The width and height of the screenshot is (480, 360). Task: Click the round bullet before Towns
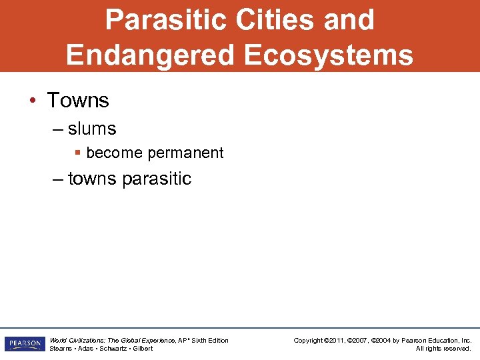tap(32, 101)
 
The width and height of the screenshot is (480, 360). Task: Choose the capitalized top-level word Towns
tap(78, 101)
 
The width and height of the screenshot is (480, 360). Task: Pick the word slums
tap(92, 129)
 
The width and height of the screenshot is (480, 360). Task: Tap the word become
tap(115, 153)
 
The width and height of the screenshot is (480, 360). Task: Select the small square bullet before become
tap(78, 153)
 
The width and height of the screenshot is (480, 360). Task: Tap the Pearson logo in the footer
tap(24, 344)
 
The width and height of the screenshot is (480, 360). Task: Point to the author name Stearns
tap(61, 349)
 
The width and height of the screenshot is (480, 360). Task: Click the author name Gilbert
tap(142, 349)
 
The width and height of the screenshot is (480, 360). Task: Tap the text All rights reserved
tap(443, 349)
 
